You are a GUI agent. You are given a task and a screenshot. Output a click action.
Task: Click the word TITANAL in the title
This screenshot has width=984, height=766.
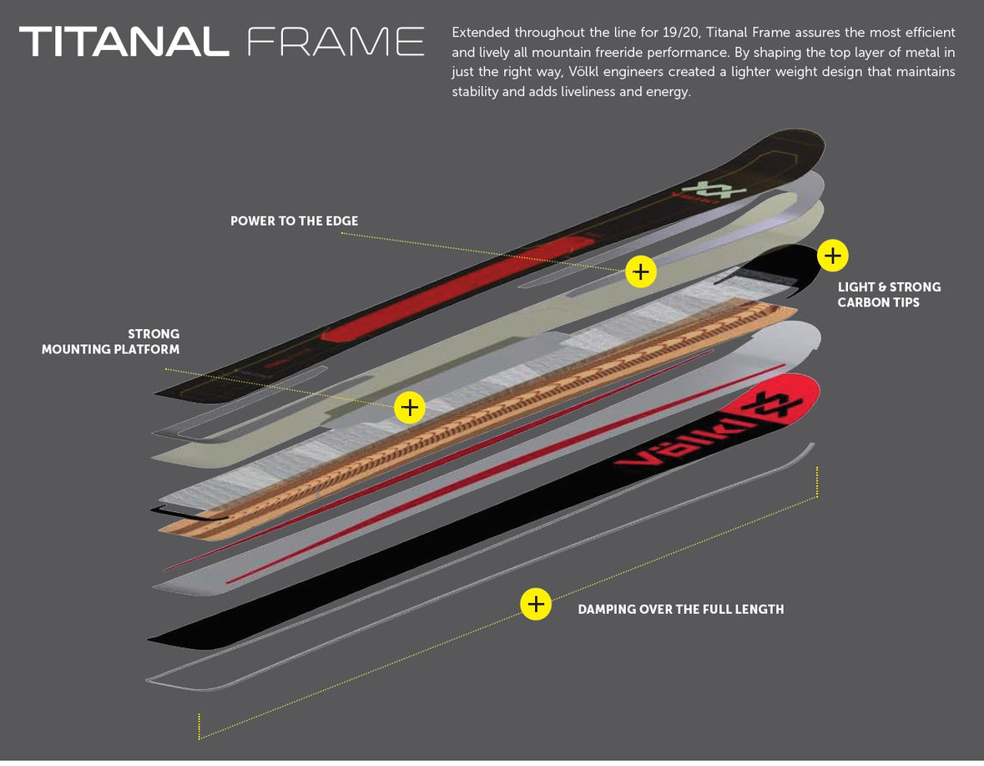[x=124, y=42]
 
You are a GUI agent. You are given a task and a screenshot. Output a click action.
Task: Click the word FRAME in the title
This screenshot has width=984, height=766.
[x=336, y=42]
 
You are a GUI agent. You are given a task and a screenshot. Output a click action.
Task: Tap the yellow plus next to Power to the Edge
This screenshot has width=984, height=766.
[x=641, y=271]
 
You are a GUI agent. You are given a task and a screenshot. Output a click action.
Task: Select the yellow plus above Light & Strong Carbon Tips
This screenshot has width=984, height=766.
[x=833, y=256]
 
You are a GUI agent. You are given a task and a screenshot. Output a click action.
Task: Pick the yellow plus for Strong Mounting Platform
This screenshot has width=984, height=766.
[x=410, y=408]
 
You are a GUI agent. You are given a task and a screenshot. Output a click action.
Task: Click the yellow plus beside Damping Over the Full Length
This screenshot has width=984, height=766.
[x=535, y=603]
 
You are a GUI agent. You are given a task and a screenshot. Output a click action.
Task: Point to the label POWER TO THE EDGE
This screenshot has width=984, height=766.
[x=294, y=221]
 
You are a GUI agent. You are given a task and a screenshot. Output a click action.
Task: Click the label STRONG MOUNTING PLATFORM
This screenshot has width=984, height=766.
[x=111, y=342]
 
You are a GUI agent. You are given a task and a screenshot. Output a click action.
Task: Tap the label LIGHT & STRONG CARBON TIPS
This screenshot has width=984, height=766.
[x=888, y=294]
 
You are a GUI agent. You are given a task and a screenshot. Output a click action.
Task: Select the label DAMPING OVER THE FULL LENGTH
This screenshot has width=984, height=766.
[x=680, y=610]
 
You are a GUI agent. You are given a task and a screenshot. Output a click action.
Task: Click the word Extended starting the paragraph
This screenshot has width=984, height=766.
[x=480, y=33]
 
